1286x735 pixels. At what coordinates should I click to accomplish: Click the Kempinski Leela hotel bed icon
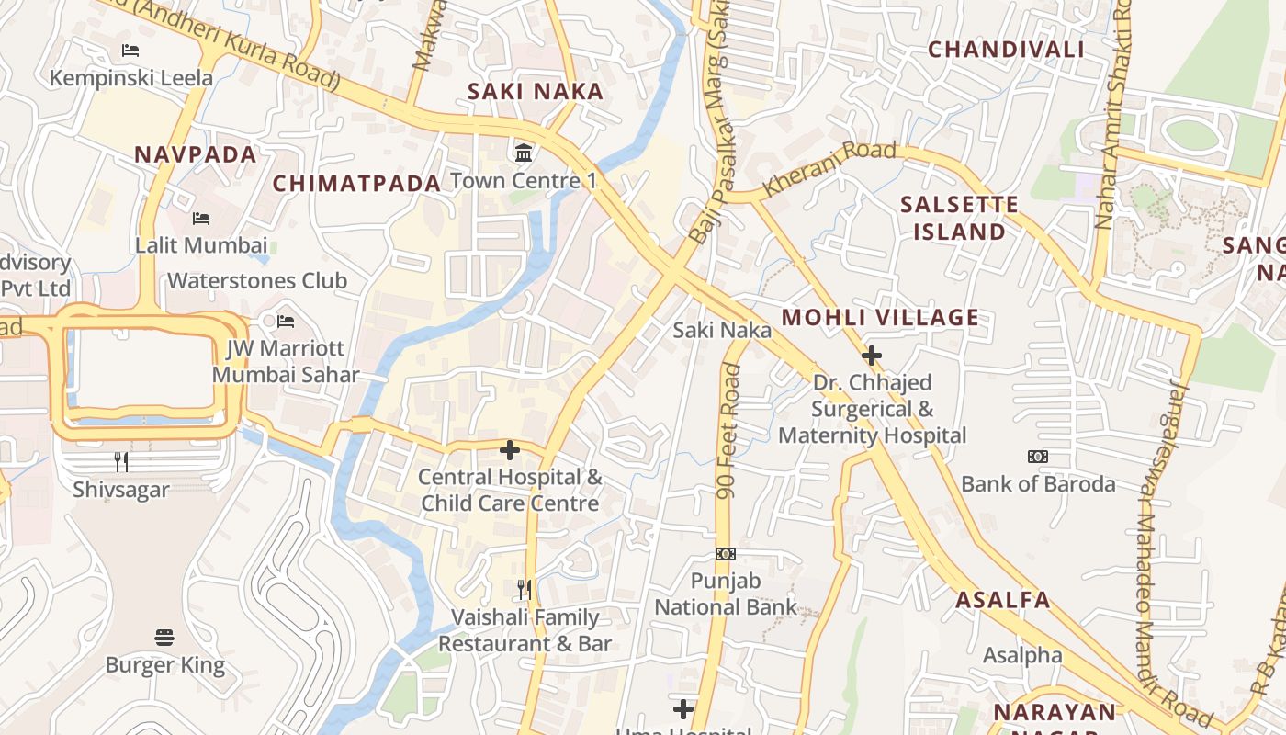pyautogui.click(x=130, y=50)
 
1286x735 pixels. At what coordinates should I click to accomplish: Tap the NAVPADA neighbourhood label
pyautogui.click(x=196, y=154)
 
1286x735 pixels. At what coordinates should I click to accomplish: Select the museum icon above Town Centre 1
pyautogui.click(x=524, y=152)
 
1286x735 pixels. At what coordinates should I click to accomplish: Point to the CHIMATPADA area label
pyautogui.click(x=357, y=183)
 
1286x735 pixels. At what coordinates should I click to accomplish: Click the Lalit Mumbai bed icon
pyautogui.click(x=201, y=219)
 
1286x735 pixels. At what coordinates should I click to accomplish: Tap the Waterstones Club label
pyautogui.click(x=257, y=280)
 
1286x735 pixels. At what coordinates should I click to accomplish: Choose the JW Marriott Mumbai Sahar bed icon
pyautogui.click(x=286, y=322)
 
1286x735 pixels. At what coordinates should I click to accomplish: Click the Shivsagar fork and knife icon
pyautogui.click(x=121, y=461)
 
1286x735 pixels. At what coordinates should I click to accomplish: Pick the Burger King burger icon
pyautogui.click(x=164, y=637)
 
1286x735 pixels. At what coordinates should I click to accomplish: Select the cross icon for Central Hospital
pyautogui.click(x=510, y=450)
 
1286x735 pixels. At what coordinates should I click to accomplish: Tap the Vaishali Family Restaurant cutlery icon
pyautogui.click(x=525, y=589)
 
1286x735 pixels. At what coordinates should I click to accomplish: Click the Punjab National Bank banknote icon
pyautogui.click(x=726, y=554)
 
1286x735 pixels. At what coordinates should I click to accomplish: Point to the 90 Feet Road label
pyautogui.click(x=729, y=432)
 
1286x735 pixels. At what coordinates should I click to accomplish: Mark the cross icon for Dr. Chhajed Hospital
pyautogui.click(x=872, y=355)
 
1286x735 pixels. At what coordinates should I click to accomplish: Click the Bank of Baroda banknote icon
pyautogui.click(x=1038, y=457)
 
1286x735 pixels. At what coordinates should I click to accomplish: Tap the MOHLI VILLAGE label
pyautogui.click(x=880, y=318)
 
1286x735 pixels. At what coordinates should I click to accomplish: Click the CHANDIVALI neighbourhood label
pyautogui.click(x=1006, y=50)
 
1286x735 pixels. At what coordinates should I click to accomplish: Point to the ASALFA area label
pyautogui.click(x=1002, y=600)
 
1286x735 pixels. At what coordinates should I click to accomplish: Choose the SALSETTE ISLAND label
pyautogui.click(x=960, y=218)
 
